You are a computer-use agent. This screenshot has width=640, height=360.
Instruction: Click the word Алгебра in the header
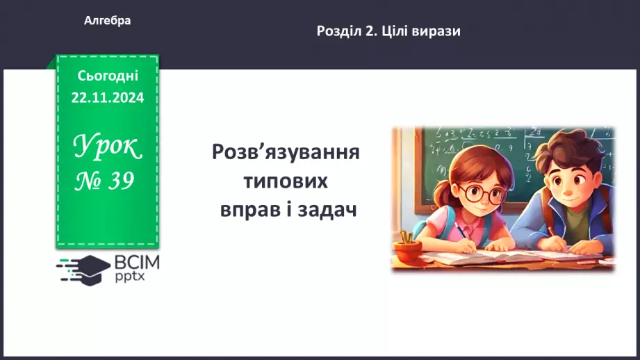click(107, 21)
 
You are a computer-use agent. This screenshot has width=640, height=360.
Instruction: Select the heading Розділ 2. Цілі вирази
click(388, 31)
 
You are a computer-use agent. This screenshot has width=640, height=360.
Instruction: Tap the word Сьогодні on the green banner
click(108, 76)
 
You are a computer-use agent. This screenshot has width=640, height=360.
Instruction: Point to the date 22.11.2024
click(108, 98)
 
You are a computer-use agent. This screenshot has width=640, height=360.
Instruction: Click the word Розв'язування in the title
click(286, 152)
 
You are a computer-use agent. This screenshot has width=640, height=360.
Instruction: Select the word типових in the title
click(286, 181)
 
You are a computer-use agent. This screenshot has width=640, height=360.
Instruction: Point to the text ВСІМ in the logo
click(137, 262)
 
